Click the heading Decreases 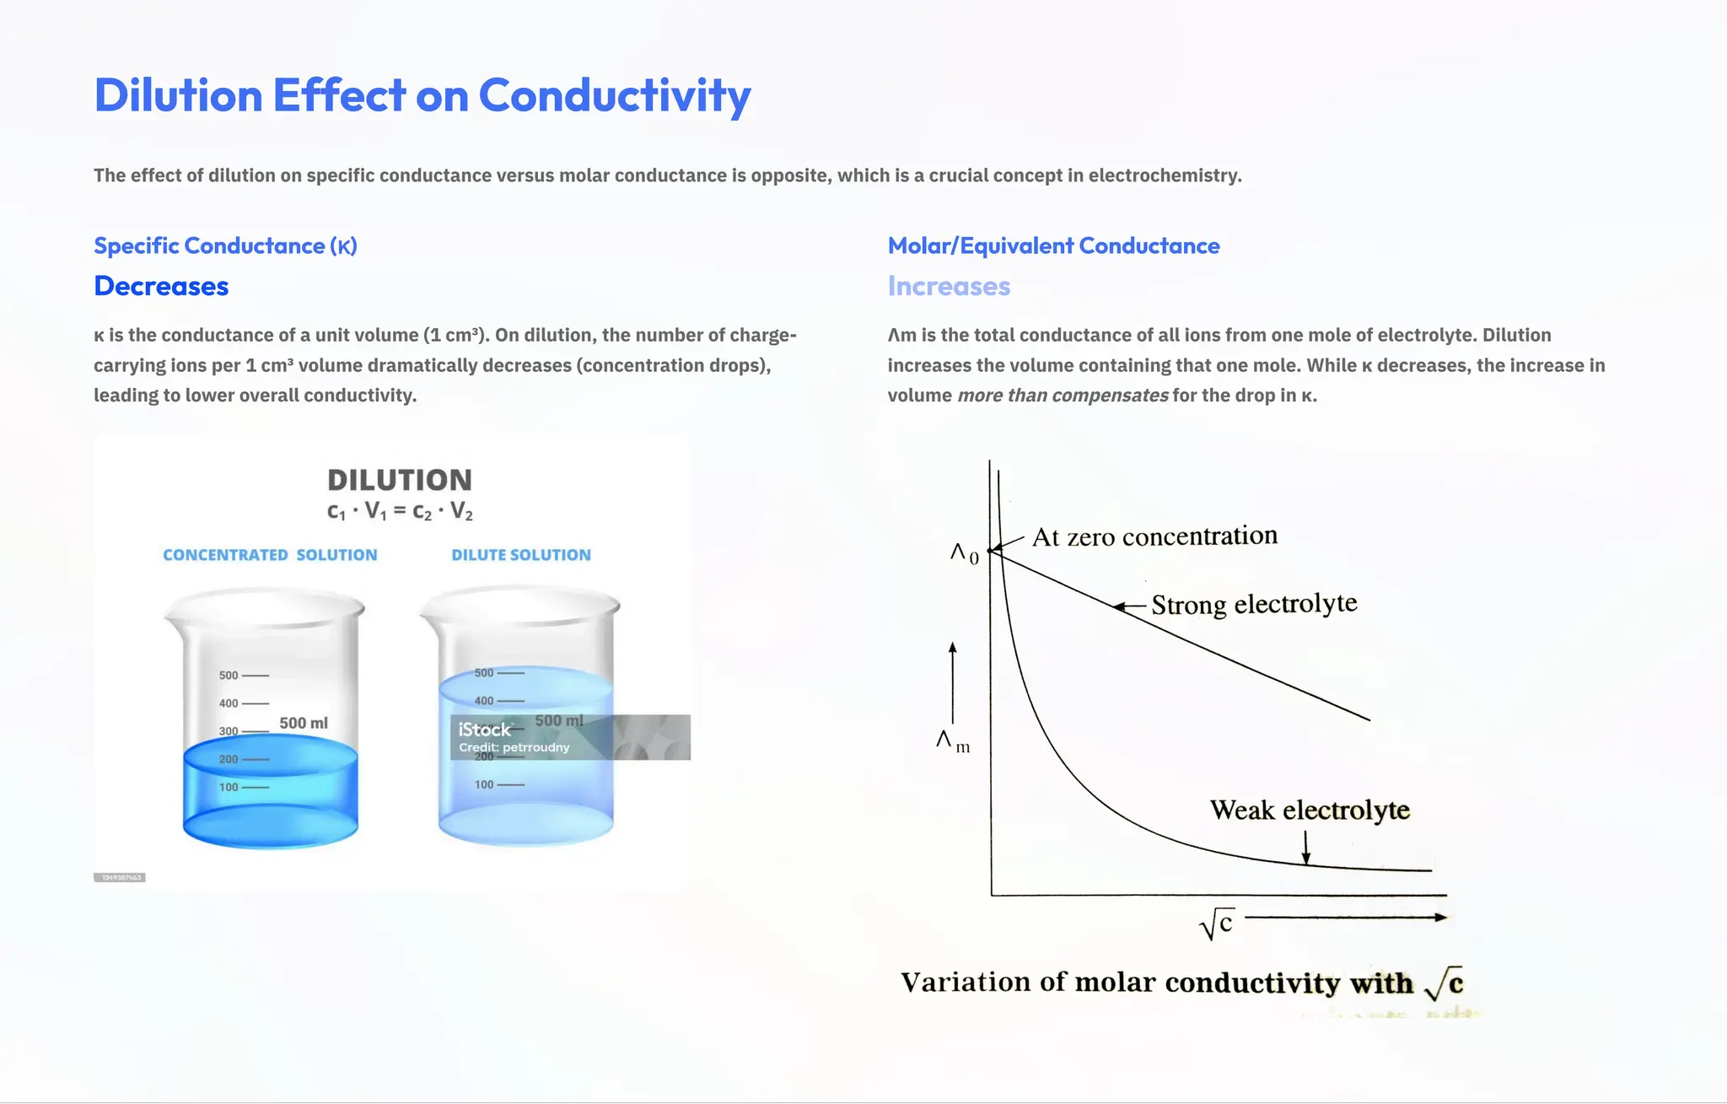point(161,287)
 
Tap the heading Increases point(949,287)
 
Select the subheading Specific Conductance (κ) point(225,246)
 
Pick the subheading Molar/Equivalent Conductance point(1053,246)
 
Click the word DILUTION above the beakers point(399,481)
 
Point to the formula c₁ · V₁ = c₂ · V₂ point(400,511)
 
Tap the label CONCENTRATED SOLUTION point(270,555)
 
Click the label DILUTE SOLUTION point(521,555)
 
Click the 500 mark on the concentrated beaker point(229,676)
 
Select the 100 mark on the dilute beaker point(484,784)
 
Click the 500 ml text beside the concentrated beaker point(304,724)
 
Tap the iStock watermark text point(484,730)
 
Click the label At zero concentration point(1154,536)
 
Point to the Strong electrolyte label point(1254,605)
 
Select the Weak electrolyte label point(1310,810)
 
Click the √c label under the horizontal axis point(1217,925)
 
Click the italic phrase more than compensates point(1063,396)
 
